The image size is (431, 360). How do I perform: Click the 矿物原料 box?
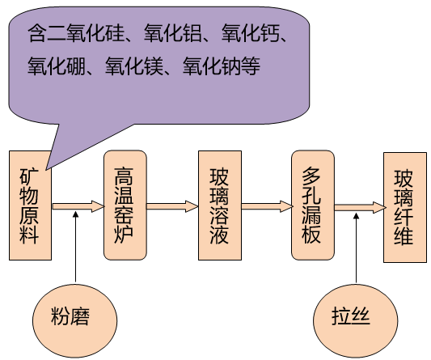pyautogui.click(x=30, y=205)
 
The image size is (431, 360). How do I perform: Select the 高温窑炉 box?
pyautogui.click(x=125, y=205)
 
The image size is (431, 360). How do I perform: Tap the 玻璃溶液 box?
pyautogui.click(x=220, y=205)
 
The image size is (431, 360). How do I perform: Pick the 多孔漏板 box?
pyautogui.click(x=313, y=205)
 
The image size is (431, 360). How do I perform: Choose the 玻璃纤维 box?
pyautogui.click(x=405, y=207)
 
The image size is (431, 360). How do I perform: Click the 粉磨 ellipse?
pyautogui.click(x=74, y=320)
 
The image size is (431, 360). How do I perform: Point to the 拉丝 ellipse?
pyautogui.click(x=356, y=321)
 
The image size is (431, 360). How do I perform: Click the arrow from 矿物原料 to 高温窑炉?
pyautogui.click(x=78, y=206)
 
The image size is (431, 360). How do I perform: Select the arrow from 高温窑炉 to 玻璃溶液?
pyautogui.click(x=172, y=206)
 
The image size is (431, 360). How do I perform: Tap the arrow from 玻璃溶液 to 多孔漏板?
pyautogui.click(x=267, y=206)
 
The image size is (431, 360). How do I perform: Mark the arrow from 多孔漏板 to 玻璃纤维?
pyautogui.click(x=360, y=207)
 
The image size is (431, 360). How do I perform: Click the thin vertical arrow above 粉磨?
pyautogui.click(x=75, y=247)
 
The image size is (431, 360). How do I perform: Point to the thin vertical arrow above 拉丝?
pyautogui.click(x=357, y=248)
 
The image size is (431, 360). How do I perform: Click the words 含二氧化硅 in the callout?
pyautogui.click(x=76, y=33)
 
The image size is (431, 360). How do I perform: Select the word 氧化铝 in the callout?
pyautogui.click(x=173, y=33)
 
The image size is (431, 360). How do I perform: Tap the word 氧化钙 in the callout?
pyautogui.click(x=251, y=33)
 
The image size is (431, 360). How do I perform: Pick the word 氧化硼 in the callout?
pyautogui.click(x=57, y=66)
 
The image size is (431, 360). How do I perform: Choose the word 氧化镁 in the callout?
pyautogui.click(x=134, y=66)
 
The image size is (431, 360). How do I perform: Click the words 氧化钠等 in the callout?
pyautogui.click(x=222, y=66)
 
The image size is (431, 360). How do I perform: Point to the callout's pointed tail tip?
pyautogui.click(x=46, y=169)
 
